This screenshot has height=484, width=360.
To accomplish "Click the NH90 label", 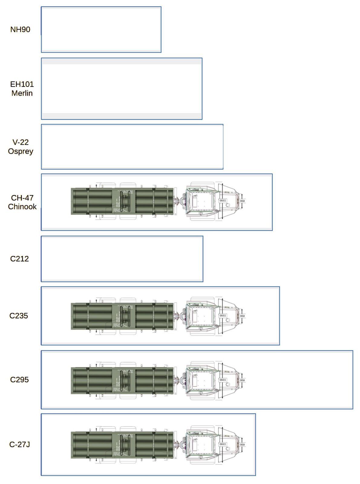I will pos(20,29).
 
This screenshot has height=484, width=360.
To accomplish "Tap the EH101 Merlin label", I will pos(22,89).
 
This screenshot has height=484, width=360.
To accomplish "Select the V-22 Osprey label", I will pos(21,147).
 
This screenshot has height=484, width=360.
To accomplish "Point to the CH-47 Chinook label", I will pos(22,202).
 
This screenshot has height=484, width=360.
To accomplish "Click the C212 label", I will pos(19,259).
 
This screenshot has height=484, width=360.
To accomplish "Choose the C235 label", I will pos(19,316).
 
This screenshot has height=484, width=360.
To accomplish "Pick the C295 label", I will pos(19,379).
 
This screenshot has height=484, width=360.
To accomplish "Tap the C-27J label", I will pos(20,444).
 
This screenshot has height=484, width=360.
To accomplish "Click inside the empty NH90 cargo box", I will pos(101,29).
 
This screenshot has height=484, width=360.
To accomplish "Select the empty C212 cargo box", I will pos(122,259).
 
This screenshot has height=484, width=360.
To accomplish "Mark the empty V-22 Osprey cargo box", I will pos(132,147).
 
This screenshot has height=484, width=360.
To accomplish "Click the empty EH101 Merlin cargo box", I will pos(122,89).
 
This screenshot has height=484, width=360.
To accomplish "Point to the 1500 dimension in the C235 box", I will pos(223,316).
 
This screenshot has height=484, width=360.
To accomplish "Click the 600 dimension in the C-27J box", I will pos(242,445).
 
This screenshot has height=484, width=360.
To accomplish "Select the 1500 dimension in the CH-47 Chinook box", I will pos(223,201).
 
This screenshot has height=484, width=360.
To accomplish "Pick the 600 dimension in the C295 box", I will pos(242,380).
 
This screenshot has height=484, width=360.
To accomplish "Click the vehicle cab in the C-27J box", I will pos(201,445).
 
